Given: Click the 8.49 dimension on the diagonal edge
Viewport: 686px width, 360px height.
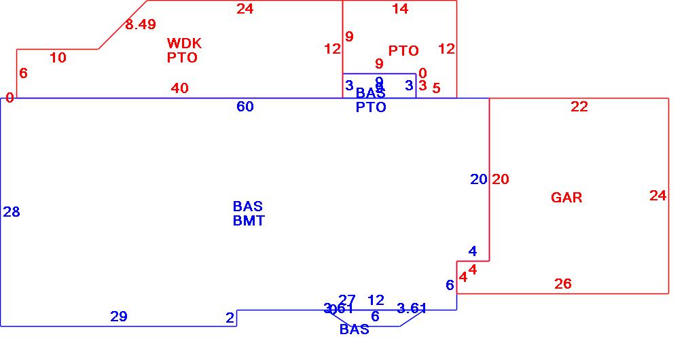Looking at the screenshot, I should [x=141, y=24].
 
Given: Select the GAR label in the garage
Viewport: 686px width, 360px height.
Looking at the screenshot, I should [x=566, y=198].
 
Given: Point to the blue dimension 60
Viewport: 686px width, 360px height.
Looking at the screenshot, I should [x=245, y=107].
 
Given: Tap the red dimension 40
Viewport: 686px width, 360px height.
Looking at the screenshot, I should [x=180, y=88].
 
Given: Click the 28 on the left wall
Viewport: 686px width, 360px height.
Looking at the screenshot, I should [x=12, y=212].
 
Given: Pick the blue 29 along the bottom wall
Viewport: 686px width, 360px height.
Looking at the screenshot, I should [x=119, y=316].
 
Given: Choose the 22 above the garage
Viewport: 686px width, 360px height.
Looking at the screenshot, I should [x=579, y=107].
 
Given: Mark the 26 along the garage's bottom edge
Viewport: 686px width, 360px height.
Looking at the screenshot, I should [x=563, y=284].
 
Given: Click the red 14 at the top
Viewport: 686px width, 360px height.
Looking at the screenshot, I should [x=401, y=9].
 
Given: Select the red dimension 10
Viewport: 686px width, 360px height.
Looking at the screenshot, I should [x=58, y=58].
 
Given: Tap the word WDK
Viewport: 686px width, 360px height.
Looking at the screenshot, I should [x=184, y=43].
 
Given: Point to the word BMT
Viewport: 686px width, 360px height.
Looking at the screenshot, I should [x=249, y=221].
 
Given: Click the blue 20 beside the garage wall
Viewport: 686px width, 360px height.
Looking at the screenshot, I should [x=479, y=179].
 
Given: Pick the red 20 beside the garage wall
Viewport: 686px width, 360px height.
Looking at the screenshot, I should [x=501, y=179].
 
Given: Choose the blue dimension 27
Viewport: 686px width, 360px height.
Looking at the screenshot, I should [x=347, y=300].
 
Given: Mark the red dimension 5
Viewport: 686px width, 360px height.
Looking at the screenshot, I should [x=436, y=88].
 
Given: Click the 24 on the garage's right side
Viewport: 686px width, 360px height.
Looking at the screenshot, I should [x=657, y=196].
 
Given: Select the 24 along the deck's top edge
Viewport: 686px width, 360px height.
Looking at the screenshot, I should [x=245, y=9].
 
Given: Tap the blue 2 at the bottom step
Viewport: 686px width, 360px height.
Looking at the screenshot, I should [x=230, y=317].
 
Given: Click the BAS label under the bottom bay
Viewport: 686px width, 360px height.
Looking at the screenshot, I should [x=355, y=329].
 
